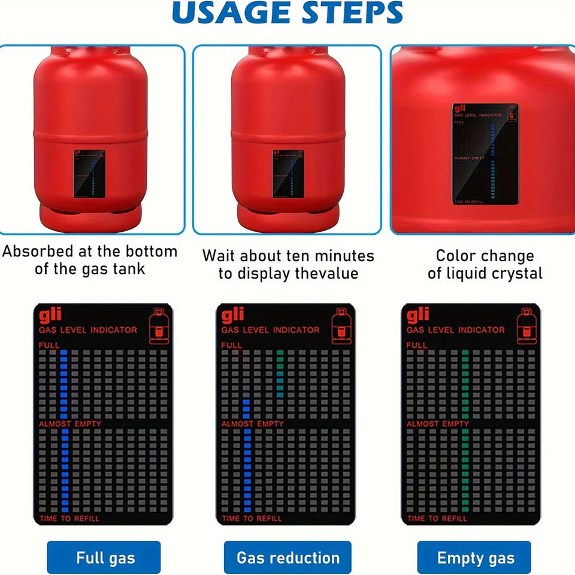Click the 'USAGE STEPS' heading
point(287,13)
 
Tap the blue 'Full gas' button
point(104,558)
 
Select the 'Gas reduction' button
point(287,558)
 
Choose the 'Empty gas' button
point(474,558)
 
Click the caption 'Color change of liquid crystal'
point(485,264)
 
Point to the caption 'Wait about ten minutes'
point(287,256)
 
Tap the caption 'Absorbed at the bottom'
point(90,252)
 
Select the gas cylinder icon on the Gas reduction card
point(340,326)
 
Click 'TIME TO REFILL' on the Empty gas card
point(437,518)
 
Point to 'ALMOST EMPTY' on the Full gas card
point(70,424)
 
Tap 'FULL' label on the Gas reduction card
point(232,345)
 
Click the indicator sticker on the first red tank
point(89,173)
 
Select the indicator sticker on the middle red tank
point(287,173)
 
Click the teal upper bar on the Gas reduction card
point(280,373)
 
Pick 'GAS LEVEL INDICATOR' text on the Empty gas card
point(455,330)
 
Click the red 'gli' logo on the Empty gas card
point(417,314)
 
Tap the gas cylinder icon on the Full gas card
point(158,326)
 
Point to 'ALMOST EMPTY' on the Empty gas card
point(438,424)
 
